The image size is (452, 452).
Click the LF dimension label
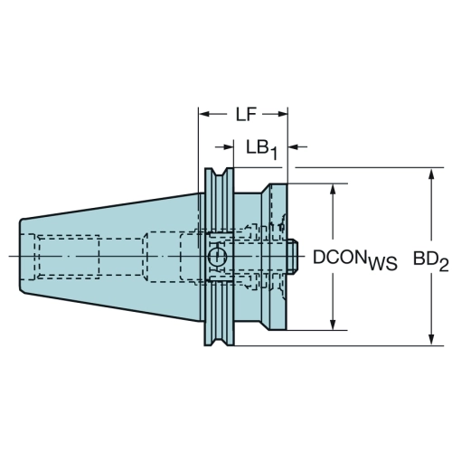(246, 115)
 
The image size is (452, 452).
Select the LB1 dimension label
(261, 150)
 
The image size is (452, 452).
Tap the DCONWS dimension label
(355, 259)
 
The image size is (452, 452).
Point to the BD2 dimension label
(430, 260)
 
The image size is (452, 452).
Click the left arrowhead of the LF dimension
(204, 114)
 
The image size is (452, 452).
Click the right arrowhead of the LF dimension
(283, 114)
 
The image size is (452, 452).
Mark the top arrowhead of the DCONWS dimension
(333, 190)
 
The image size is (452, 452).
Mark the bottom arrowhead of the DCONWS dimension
(333, 324)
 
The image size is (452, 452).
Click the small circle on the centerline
(217, 257)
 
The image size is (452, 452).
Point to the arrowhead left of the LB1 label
(229, 146)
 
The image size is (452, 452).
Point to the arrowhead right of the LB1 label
(294, 146)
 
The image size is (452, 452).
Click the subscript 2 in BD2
(444, 265)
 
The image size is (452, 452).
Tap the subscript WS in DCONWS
(381, 264)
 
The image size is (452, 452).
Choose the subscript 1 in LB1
(273, 154)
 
